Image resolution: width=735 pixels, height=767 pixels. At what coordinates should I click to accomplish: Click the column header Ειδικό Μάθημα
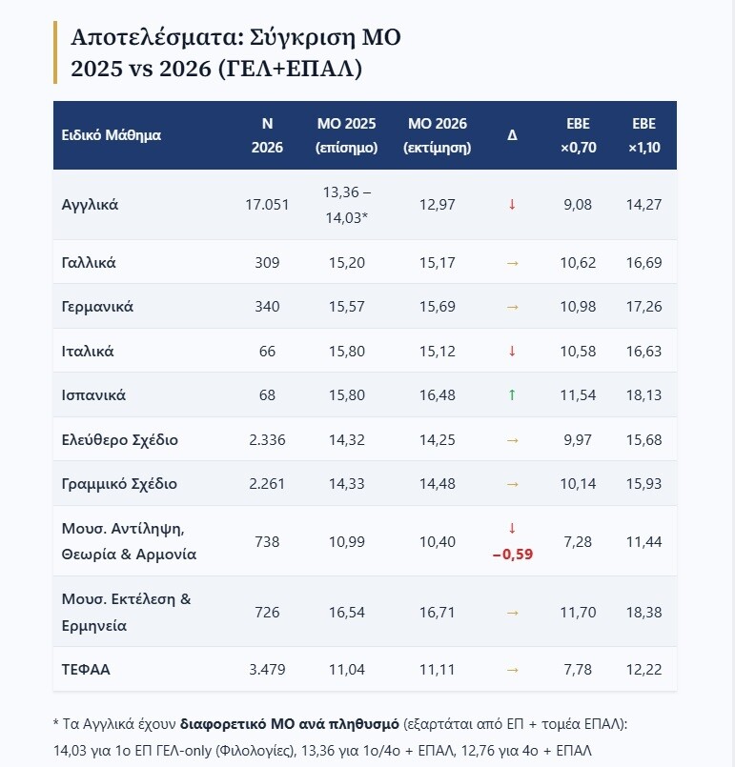click(x=112, y=135)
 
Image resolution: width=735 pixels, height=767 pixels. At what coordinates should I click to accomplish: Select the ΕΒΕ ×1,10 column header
click(x=644, y=135)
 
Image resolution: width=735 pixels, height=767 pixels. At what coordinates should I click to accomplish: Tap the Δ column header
click(x=512, y=135)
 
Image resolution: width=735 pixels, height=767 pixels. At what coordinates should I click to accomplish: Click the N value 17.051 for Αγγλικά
click(x=267, y=205)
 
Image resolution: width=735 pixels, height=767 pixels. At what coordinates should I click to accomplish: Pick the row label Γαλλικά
click(x=89, y=263)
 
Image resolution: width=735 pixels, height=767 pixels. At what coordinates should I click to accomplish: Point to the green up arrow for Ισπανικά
click(x=512, y=394)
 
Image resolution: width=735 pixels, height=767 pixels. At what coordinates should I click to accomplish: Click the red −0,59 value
click(x=512, y=555)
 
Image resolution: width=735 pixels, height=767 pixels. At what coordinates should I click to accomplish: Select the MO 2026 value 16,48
click(x=437, y=394)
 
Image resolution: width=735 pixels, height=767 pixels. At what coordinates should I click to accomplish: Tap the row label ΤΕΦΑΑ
click(x=86, y=669)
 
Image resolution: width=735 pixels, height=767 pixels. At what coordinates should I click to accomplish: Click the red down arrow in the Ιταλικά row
click(x=512, y=351)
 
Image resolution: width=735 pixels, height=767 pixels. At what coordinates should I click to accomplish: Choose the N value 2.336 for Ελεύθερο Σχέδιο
click(x=267, y=440)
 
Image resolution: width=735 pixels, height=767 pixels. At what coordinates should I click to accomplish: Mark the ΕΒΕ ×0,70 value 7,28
click(x=578, y=541)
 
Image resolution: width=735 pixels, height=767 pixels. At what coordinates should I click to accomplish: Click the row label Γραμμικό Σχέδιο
click(x=119, y=484)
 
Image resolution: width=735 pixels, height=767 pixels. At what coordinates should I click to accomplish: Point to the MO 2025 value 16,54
click(x=346, y=612)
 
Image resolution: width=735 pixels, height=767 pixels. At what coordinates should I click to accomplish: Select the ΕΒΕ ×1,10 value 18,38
click(x=644, y=612)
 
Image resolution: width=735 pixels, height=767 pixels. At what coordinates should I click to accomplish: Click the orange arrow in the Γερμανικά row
click(x=512, y=307)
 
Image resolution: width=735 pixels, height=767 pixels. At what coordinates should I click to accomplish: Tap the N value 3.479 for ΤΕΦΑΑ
click(x=267, y=669)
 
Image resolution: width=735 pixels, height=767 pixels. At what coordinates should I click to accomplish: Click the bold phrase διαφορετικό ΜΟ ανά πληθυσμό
click(x=290, y=724)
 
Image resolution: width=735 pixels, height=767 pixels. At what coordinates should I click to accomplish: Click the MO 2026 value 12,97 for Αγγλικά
click(x=437, y=205)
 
